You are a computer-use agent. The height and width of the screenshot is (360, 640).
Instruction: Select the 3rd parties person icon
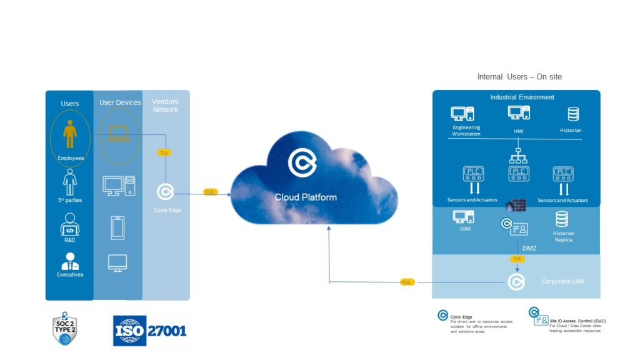click(70, 182)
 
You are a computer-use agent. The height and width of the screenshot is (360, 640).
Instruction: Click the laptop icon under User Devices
click(119, 133)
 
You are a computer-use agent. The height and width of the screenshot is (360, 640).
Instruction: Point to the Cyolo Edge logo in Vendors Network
click(166, 192)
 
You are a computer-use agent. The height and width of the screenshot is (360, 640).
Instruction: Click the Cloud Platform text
click(306, 197)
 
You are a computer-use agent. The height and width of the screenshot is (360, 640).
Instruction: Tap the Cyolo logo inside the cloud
click(302, 162)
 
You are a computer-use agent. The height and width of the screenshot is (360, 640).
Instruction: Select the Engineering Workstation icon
click(462, 114)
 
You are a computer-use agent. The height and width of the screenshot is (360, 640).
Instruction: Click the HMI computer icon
click(519, 112)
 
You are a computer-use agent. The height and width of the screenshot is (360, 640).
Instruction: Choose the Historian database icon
click(573, 114)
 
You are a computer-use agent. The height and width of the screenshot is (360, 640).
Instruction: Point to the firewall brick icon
click(516, 205)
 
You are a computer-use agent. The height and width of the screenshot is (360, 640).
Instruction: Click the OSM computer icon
click(463, 217)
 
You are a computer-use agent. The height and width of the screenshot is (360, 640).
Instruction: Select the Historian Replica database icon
click(562, 219)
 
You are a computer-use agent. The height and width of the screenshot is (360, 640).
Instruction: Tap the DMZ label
click(529, 248)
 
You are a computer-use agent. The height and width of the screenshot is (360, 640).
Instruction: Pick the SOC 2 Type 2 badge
click(64, 329)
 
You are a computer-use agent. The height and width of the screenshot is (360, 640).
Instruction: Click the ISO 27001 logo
click(150, 331)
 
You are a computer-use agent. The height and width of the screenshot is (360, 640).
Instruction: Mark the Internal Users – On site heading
click(519, 77)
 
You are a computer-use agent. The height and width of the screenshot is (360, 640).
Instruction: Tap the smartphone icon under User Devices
click(117, 228)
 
